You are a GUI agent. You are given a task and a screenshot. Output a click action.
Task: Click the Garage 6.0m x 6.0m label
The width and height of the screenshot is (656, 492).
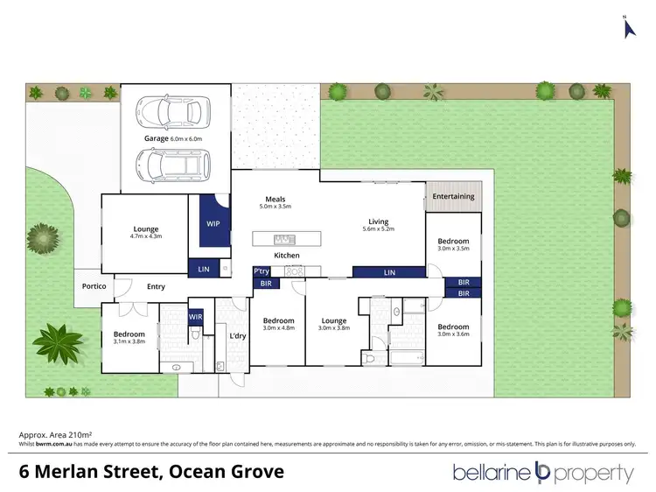coord(172,138)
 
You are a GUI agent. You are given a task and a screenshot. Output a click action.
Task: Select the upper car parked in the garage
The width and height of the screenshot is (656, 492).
coord(175,111)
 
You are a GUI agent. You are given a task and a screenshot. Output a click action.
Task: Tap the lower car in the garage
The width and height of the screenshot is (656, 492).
coord(175,162)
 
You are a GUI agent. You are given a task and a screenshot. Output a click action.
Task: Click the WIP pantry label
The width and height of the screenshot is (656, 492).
coord(213,223)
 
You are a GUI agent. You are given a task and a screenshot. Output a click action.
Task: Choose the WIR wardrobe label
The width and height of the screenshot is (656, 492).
coord(195,316)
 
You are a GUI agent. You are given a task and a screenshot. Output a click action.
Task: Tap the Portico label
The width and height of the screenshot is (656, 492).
coord(94,286)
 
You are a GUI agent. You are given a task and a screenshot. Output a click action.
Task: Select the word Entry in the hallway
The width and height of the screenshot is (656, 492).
coord(156,286)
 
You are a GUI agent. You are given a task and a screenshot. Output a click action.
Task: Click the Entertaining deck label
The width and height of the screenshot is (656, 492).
coord(453,196)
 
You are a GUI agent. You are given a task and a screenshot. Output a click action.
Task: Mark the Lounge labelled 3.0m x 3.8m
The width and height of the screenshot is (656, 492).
coord(333,324)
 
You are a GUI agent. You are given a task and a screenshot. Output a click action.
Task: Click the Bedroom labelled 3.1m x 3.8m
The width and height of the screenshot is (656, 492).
coord(128,337)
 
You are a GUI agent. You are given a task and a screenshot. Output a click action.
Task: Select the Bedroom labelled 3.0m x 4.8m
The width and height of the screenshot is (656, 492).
coord(277,324)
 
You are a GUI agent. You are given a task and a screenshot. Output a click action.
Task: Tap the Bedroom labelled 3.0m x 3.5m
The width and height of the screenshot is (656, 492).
coord(453,244)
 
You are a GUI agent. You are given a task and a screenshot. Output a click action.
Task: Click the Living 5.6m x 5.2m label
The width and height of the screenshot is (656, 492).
coord(378,225)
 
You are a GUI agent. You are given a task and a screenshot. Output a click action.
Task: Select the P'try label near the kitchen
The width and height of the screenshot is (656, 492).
coord(262,271)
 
